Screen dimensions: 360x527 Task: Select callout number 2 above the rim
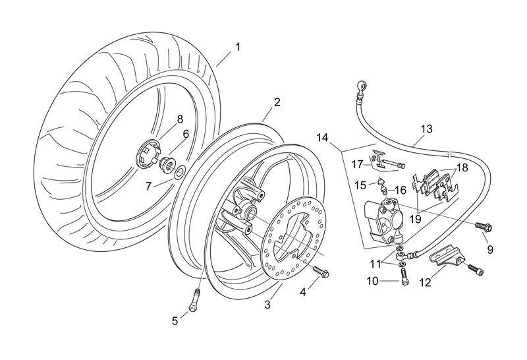click(277, 102)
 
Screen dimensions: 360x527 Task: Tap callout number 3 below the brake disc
click(267, 304)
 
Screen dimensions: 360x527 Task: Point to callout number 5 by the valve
click(175, 321)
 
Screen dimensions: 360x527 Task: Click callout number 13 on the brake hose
click(426, 129)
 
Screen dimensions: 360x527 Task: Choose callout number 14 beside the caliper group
click(322, 138)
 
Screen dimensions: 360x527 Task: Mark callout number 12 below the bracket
click(425, 282)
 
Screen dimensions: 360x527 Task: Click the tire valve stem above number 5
click(196, 299)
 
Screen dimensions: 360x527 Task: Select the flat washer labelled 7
click(179, 173)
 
